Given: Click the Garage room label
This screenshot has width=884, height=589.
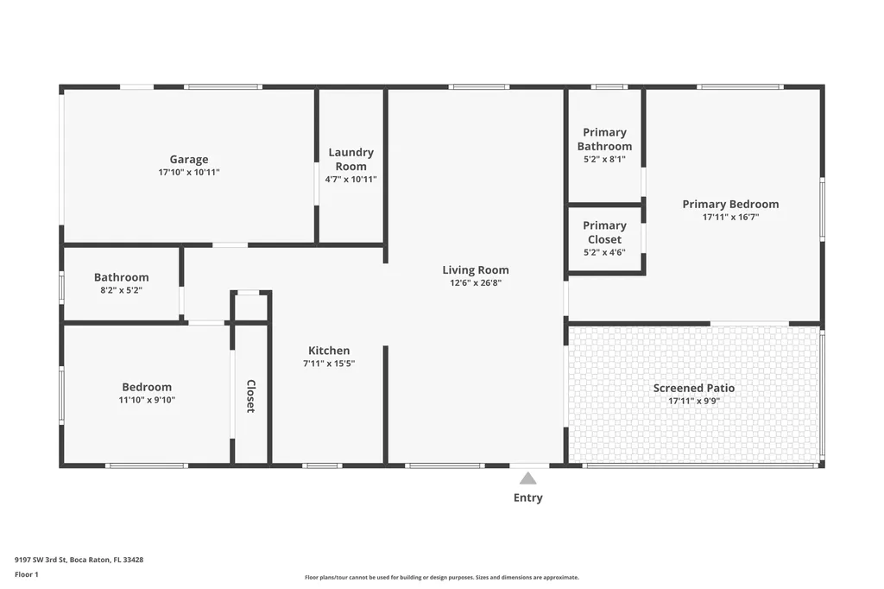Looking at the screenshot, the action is click(x=189, y=159).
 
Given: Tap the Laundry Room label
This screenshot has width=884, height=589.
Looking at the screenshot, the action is click(x=350, y=159).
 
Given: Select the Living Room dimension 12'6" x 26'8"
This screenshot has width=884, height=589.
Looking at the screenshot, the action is click(x=476, y=282).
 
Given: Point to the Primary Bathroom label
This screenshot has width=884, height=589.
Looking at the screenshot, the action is click(x=604, y=139).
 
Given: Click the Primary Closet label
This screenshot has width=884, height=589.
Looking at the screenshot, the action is click(x=604, y=231).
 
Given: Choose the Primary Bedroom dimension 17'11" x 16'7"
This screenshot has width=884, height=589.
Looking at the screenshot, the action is click(x=730, y=218).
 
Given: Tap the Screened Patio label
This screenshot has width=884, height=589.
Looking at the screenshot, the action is click(x=694, y=388).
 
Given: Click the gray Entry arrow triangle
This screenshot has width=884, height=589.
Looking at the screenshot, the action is click(x=527, y=478).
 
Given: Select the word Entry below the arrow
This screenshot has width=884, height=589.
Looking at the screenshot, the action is click(x=527, y=497).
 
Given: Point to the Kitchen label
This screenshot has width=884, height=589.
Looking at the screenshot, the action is click(x=329, y=351).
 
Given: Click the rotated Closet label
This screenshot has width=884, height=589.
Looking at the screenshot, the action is click(x=251, y=396).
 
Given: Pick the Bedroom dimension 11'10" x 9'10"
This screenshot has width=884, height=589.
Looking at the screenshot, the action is click(x=147, y=400).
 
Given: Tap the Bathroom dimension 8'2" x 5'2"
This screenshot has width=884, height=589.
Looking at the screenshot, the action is click(x=121, y=290).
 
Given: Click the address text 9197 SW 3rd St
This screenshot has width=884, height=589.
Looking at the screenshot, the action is click(x=41, y=560).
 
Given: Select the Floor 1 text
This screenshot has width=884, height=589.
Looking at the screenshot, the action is click(x=27, y=574).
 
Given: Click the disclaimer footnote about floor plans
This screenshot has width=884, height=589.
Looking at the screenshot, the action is click(x=442, y=577).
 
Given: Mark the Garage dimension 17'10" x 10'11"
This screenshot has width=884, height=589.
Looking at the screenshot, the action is click(x=189, y=172).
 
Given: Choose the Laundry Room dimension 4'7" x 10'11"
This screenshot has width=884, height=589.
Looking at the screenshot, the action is click(x=350, y=180).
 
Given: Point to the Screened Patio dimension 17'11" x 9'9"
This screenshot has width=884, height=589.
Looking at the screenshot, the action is click(x=694, y=401).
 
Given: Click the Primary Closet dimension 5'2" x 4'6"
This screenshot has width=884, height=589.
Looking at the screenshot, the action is click(x=604, y=252).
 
